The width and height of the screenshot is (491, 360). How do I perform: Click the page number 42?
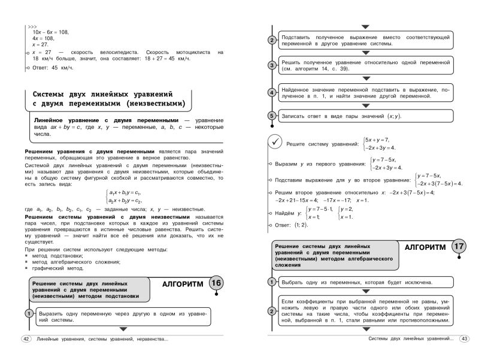(25, 340)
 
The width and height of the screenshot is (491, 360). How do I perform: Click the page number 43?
(464, 340)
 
